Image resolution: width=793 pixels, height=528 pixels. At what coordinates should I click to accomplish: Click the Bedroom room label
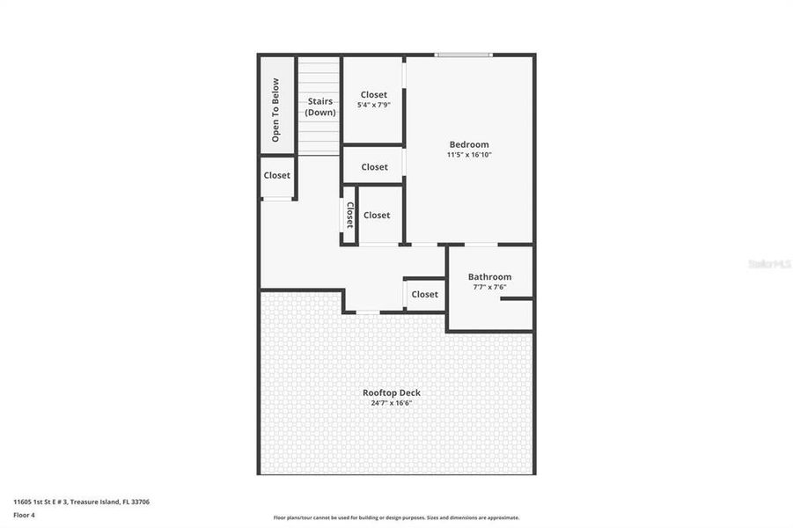pos(468,144)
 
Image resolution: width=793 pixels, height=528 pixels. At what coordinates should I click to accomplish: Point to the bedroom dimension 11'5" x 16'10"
pos(468,155)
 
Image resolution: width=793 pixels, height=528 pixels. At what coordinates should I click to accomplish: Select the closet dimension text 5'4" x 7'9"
pos(373,105)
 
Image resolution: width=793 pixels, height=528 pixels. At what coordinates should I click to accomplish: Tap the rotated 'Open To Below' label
pos(275,110)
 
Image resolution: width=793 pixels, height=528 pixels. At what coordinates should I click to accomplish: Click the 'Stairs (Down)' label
pos(319,106)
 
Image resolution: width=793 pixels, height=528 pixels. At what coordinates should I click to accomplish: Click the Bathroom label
pos(489,276)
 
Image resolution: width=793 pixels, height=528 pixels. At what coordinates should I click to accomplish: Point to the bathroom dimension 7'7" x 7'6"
pos(489,287)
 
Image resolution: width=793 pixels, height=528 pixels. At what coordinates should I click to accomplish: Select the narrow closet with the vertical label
pos(349,215)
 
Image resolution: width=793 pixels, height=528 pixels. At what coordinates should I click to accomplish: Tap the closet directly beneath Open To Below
pos(277,176)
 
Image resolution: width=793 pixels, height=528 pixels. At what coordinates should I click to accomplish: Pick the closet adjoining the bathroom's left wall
pos(424,294)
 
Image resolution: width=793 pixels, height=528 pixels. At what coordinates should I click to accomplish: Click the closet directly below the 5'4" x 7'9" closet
pos(374,166)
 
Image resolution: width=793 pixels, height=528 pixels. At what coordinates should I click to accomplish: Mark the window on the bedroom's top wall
pos(465,55)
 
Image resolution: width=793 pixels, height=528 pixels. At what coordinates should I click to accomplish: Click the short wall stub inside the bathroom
pos(517,299)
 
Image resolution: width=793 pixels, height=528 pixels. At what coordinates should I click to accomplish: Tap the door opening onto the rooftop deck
pos(368,312)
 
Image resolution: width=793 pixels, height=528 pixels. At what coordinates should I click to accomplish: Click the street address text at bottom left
pos(81,502)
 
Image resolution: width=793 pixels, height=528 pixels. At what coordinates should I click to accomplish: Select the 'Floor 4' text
pos(23,516)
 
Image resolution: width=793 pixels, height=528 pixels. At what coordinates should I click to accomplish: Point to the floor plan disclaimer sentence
pos(396,517)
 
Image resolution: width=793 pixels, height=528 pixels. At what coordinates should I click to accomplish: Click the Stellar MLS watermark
pos(768,264)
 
